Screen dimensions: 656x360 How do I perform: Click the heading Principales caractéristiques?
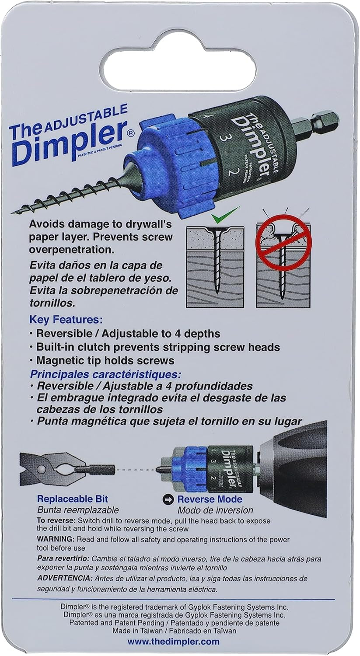pyautogui.click(x=105, y=375)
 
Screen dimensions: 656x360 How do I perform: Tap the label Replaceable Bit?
pyautogui.click(x=72, y=499)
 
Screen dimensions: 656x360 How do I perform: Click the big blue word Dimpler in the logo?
pyautogui.click(x=68, y=140)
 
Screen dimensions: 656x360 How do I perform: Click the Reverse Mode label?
pyautogui.click(x=210, y=499)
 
